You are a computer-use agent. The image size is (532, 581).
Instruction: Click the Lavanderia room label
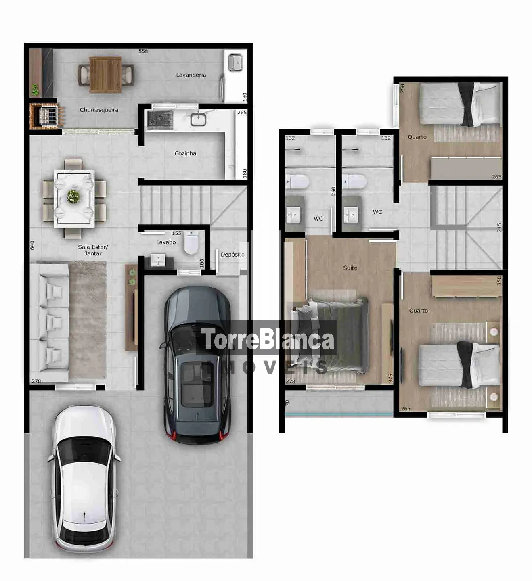click(191, 75)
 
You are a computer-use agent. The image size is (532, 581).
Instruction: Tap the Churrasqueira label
click(99, 110)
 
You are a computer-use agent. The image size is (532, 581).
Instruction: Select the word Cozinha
click(185, 153)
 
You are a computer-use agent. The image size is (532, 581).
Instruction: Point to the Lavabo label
click(166, 242)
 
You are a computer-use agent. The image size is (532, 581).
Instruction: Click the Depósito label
click(232, 254)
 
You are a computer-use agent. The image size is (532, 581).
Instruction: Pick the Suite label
click(350, 268)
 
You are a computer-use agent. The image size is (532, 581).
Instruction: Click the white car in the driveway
click(84, 479)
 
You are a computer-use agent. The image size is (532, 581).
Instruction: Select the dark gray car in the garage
click(197, 365)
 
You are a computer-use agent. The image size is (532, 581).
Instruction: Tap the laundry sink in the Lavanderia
click(236, 63)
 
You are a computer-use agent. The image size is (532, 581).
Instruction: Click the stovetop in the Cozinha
click(160, 120)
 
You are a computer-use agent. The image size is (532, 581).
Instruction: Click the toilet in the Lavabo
click(191, 243)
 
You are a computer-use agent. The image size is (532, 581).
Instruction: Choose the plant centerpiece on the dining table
click(73, 196)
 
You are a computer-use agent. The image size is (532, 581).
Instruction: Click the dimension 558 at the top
click(143, 51)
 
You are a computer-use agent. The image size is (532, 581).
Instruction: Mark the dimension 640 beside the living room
click(32, 245)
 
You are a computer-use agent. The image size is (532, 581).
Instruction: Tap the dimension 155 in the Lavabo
click(176, 233)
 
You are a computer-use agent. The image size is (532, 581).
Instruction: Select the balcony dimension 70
click(287, 403)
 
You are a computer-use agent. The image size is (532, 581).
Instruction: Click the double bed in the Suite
click(330, 335)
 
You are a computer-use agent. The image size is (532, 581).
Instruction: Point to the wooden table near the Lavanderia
click(105, 75)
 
